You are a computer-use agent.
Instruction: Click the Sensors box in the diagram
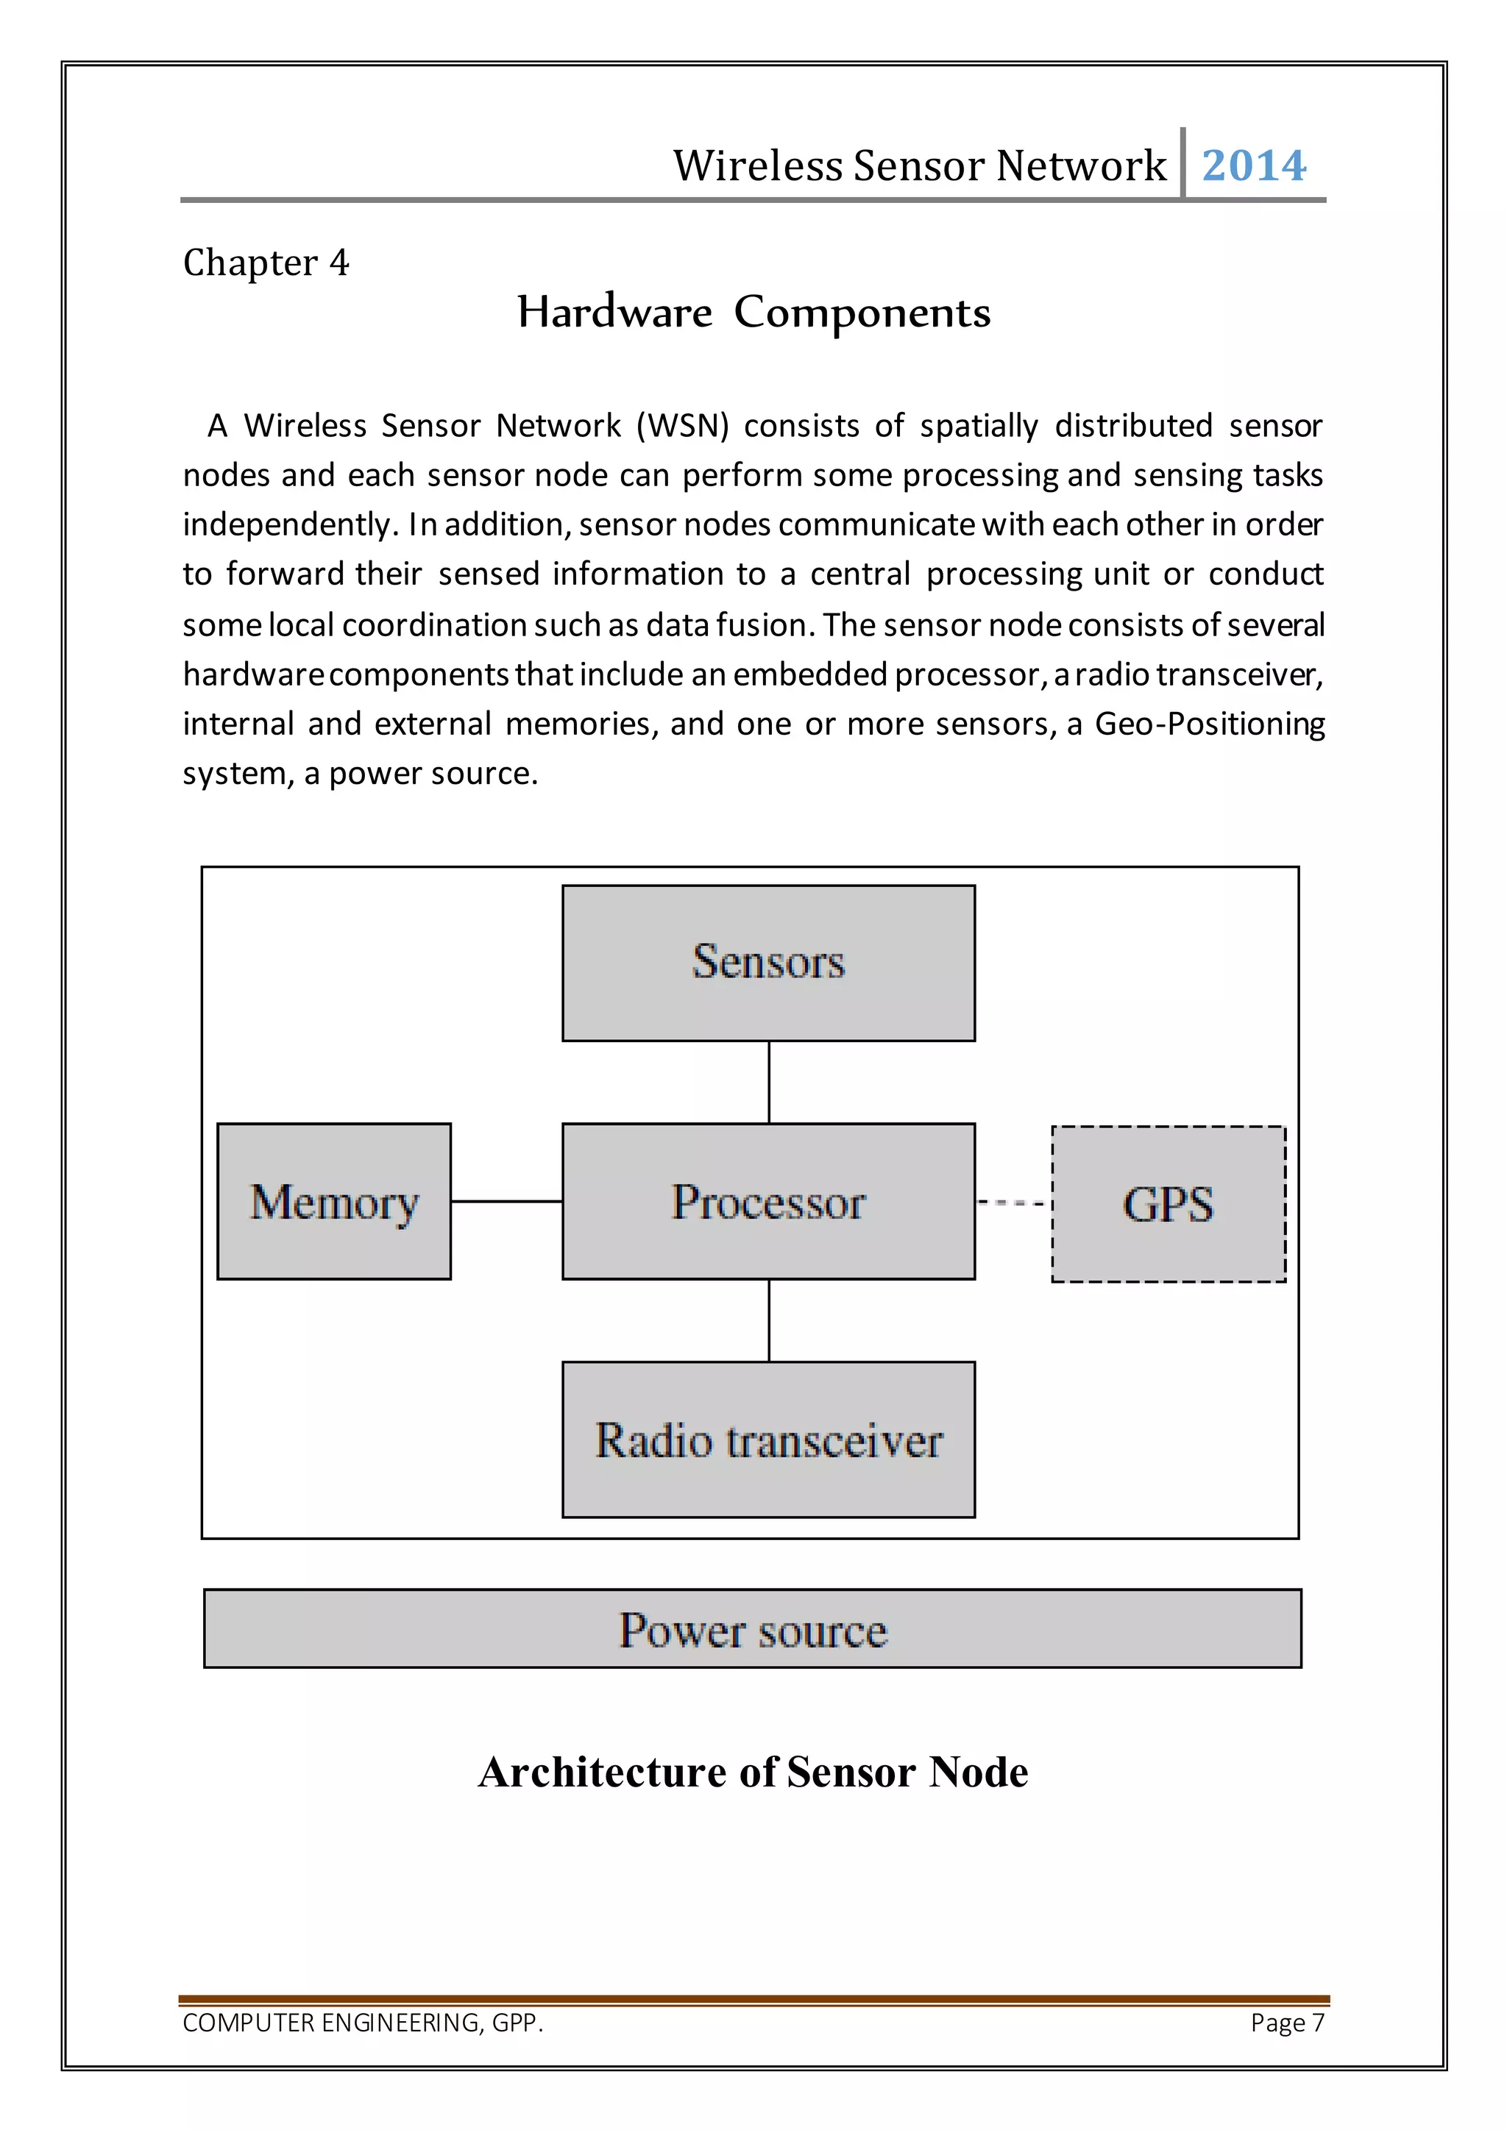click(x=768, y=962)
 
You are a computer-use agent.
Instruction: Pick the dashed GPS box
click(x=1169, y=1204)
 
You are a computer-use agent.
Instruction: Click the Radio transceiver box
click(x=768, y=1440)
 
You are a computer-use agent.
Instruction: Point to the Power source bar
click(x=753, y=1629)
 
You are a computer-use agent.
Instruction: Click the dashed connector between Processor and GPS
click(x=1013, y=1203)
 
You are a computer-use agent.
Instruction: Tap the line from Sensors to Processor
click(x=769, y=1082)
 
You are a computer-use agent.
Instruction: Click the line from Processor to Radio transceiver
click(x=769, y=1320)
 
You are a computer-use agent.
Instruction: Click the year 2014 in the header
click(x=1254, y=166)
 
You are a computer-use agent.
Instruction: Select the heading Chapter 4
click(x=266, y=263)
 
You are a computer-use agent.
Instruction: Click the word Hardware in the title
click(x=614, y=313)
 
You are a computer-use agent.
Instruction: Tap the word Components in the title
click(x=862, y=313)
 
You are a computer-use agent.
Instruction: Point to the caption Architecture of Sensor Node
click(x=753, y=1772)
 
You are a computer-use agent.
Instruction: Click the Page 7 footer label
click(x=1287, y=2023)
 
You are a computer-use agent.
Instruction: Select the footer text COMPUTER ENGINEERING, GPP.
click(x=363, y=2023)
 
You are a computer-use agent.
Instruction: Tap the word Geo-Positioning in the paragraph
click(x=1209, y=724)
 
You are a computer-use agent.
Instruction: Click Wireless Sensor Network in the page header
click(x=918, y=166)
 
